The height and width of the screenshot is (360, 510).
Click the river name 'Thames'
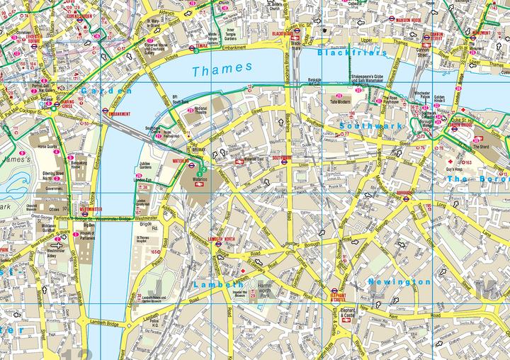coord(222,69)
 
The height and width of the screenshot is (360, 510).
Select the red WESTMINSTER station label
coord(91,209)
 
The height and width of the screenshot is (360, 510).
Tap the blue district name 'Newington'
coord(399,282)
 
